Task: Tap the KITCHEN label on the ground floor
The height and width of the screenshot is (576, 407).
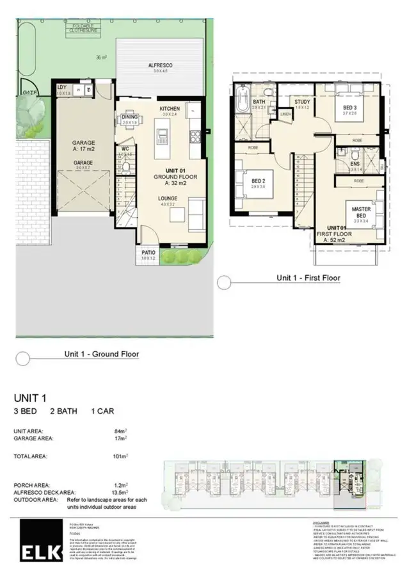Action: (x=170, y=109)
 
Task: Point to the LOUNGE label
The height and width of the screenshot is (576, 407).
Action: (x=168, y=199)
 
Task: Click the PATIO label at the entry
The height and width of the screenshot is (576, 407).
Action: (x=148, y=253)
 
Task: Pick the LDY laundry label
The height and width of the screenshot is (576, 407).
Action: (x=62, y=87)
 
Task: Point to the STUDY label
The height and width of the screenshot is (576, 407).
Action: (x=303, y=102)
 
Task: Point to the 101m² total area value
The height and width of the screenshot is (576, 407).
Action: (x=122, y=456)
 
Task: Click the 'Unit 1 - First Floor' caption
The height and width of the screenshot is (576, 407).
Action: (x=308, y=278)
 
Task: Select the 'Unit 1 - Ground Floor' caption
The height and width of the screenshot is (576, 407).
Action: (x=101, y=353)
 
